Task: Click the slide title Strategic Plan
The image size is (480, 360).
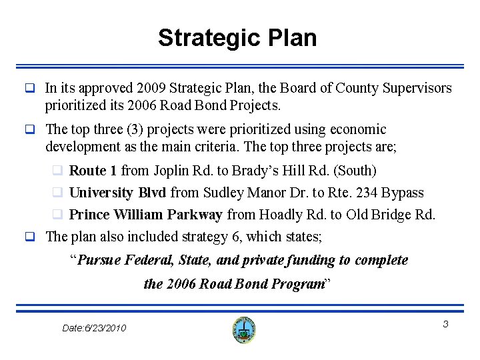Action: pyautogui.click(x=237, y=38)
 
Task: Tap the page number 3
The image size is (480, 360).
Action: pyautogui.click(x=446, y=323)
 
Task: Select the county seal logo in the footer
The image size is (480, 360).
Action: pyautogui.click(x=244, y=329)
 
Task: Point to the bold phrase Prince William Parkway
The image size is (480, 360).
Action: pyautogui.click(x=146, y=215)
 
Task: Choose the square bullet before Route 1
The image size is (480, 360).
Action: pyautogui.click(x=59, y=171)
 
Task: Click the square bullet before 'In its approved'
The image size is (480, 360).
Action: pyautogui.click(x=29, y=89)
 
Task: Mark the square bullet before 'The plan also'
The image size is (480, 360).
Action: pyautogui.click(x=29, y=236)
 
